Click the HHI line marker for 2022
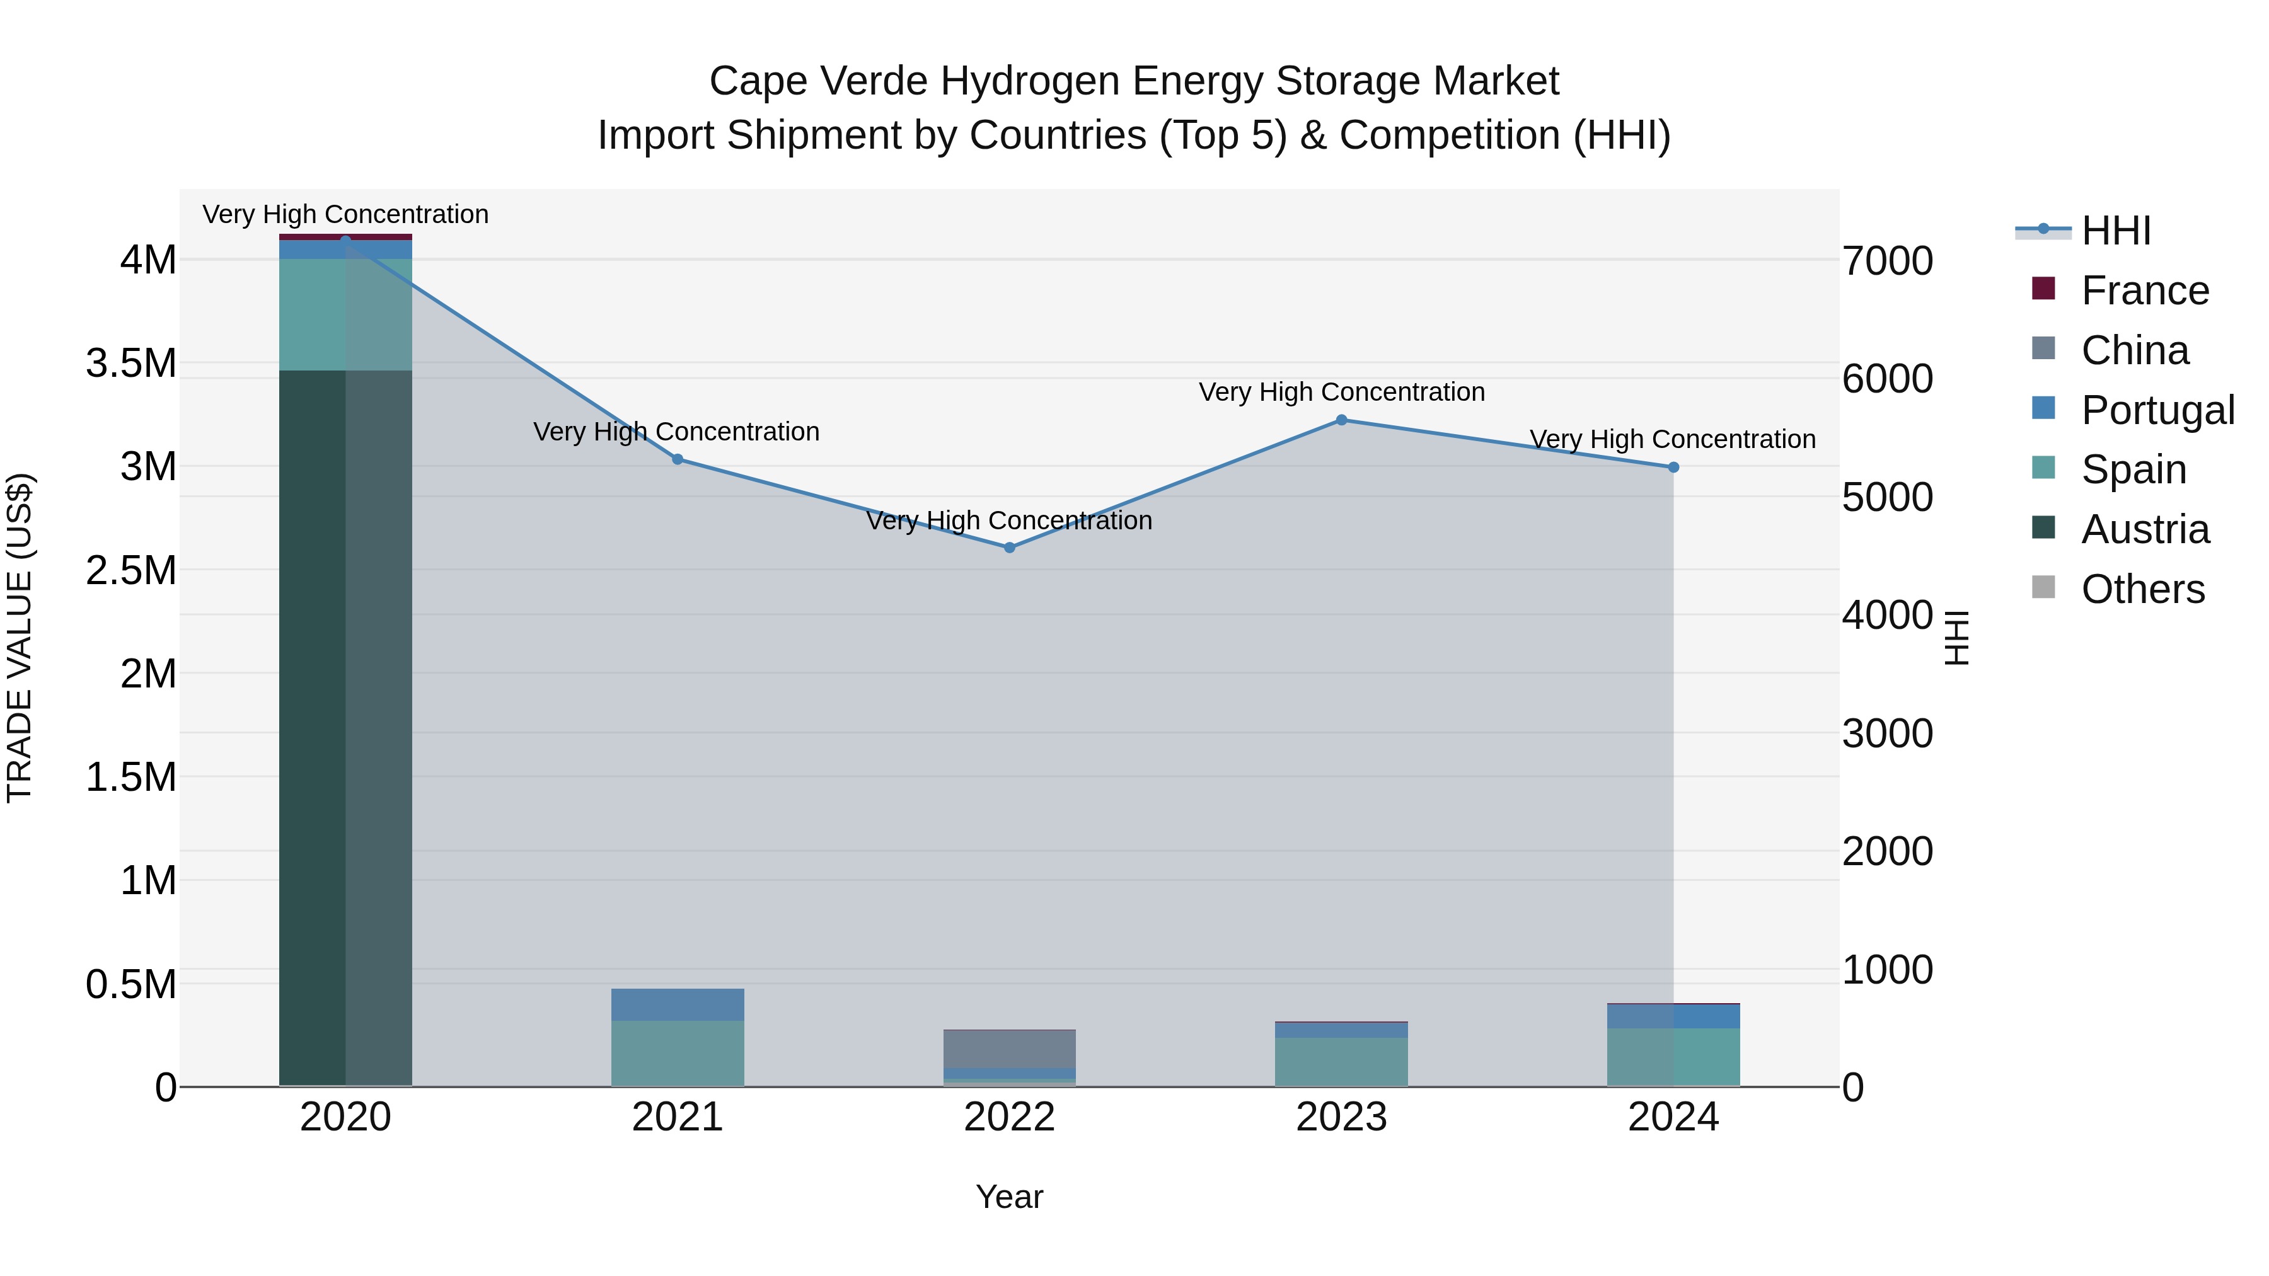point(1010,548)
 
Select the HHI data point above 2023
point(1341,420)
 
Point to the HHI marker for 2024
point(1673,468)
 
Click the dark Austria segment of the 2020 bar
point(345,727)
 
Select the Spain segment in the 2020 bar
point(345,314)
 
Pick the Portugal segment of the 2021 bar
point(678,1005)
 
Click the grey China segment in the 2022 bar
point(1010,1049)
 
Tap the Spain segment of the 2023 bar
point(1341,1061)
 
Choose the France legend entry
point(2144,290)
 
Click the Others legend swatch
point(2043,587)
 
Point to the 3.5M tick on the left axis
point(130,363)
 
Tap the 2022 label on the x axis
point(1010,1117)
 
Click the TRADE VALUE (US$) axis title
point(20,638)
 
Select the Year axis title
point(1010,1197)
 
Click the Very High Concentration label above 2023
point(1341,392)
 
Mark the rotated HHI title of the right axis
point(1956,638)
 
